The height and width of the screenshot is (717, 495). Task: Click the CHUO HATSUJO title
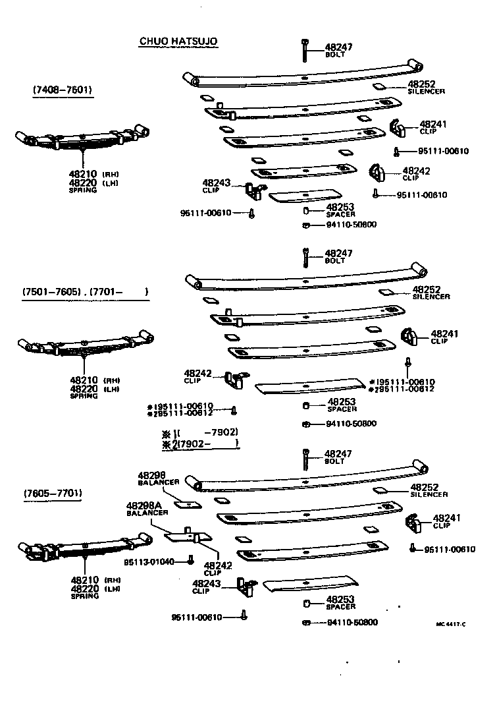coord(178,42)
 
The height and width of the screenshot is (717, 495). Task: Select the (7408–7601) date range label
coord(62,90)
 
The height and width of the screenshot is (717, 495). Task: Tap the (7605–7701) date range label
coord(55,493)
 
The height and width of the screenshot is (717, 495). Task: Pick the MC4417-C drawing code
coord(450,624)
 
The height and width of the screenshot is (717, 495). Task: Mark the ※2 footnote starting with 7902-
coord(199,445)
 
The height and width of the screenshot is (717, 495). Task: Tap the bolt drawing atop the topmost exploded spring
coord(305,50)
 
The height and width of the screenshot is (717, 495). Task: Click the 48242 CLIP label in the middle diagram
coord(197,376)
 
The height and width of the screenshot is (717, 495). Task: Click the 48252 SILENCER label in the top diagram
coord(426,86)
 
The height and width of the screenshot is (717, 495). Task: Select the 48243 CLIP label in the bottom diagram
coord(206,586)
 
